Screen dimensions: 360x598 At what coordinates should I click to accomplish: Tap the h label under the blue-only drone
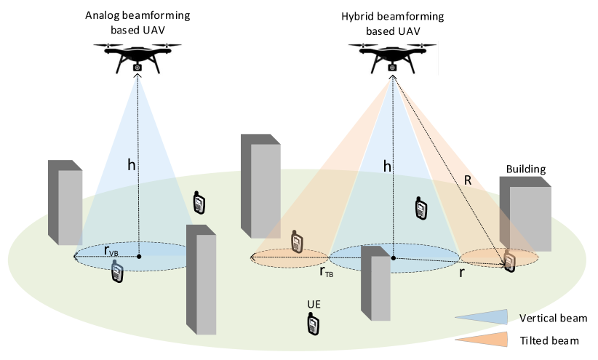pos(131,165)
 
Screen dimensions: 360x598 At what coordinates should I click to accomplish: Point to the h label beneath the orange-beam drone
pos(387,167)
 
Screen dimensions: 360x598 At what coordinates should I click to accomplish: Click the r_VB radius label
pos(111,251)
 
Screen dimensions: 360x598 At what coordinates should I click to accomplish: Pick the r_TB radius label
pos(326,271)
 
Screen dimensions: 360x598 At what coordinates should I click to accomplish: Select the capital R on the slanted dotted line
pos(468,180)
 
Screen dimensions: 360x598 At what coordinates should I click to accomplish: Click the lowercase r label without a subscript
pos(461,273)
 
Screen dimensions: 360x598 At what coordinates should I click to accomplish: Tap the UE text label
pos(314,304)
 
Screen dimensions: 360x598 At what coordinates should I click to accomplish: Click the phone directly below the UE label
pos(313,324)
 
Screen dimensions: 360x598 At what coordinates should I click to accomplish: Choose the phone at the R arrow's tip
pos(509,261)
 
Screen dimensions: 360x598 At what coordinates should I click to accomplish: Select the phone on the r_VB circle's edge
pos(116,271)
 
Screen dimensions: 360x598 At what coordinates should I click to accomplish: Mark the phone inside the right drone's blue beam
pos(420,208)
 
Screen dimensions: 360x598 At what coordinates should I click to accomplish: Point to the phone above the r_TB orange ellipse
pos(296,241)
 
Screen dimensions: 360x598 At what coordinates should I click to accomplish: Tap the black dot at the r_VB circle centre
pos(139,256)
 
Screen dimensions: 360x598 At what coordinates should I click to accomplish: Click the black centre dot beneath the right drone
pos(394,257)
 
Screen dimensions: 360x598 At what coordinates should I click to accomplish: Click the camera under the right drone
pos(392,67)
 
